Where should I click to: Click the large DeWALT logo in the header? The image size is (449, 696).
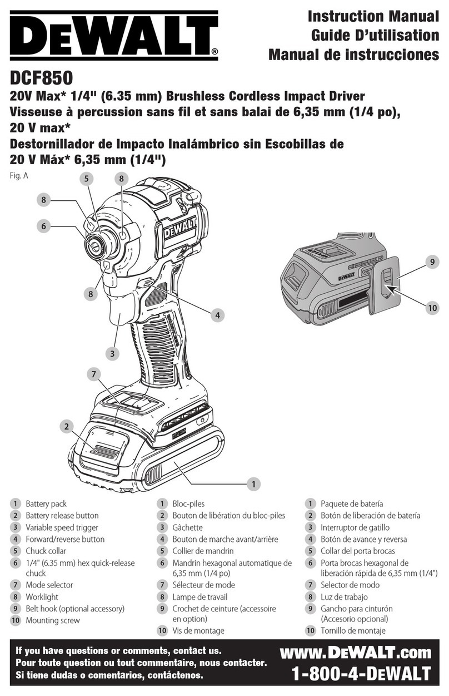111,34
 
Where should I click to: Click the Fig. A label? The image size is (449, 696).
18,176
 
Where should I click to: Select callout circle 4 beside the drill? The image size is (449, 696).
218,315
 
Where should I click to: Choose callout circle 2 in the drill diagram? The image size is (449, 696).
66,427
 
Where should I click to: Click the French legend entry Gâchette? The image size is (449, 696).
187,527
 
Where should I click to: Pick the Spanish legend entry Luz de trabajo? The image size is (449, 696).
344,597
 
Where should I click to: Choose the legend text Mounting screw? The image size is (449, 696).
52,620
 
